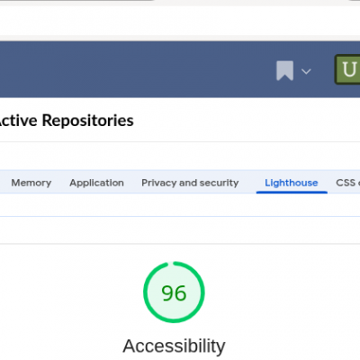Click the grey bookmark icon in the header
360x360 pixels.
[x=284, y=71]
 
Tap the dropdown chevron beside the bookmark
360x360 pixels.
[x=306, y=71]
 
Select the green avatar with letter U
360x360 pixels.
[x=347, y=69]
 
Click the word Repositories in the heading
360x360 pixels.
[x=88, y=121]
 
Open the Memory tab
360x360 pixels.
[x=31, y=183]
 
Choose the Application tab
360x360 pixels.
[x=96, y=183]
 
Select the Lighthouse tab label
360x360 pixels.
[x=292, y=183]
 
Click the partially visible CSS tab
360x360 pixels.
[x=347, y=183]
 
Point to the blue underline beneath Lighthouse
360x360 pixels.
[x=292, y=193]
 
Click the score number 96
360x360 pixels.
[x=174, y=293]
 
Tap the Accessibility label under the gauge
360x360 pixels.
[x=174, y=346]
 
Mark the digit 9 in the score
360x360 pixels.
[x=167, y=293]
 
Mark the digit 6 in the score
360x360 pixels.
[x=181, y=293]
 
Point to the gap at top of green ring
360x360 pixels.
[x=171, y=264]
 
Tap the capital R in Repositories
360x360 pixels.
[x=47, y=121]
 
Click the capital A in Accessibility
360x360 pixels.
[x=130, y=346]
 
